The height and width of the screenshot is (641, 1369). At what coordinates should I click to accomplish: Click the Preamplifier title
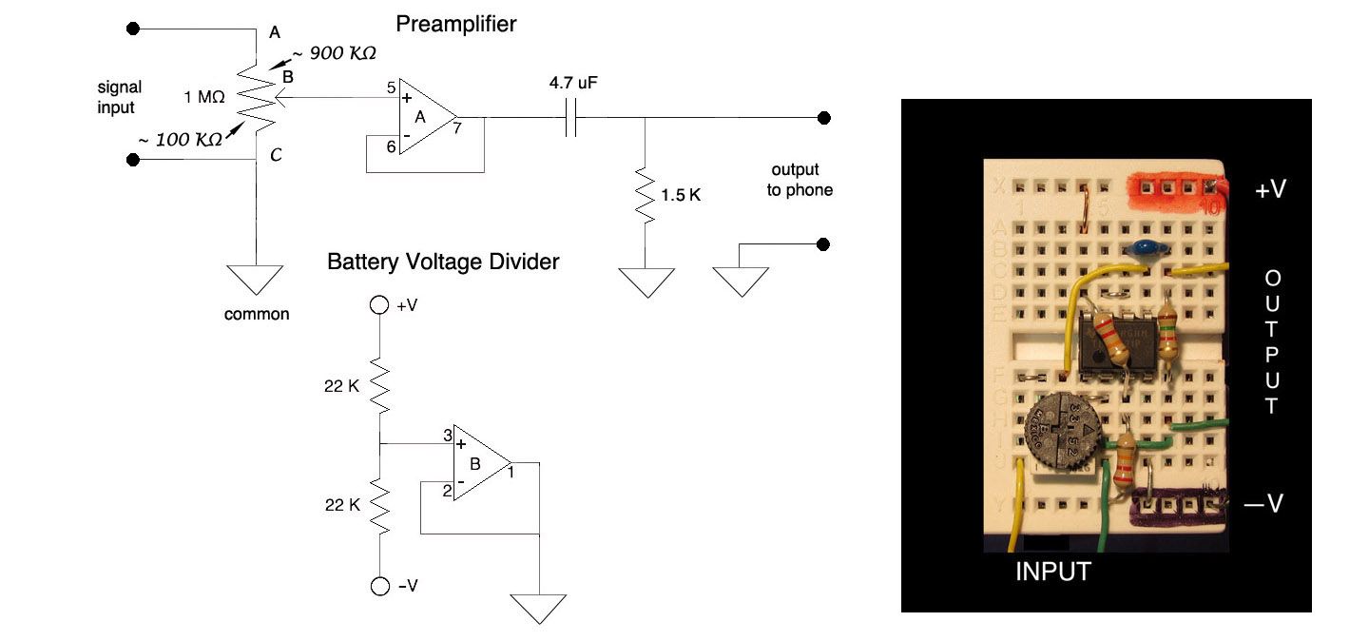click(x=456, y=23)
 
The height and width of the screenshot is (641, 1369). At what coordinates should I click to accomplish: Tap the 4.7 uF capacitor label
click(x=573, y=84)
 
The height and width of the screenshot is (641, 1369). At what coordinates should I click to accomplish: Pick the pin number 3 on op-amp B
click(x=446, y=437)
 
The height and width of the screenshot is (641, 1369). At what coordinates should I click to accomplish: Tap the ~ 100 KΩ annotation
click(x=181, y=139)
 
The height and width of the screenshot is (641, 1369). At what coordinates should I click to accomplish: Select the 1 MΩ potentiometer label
click(x=204, y=97)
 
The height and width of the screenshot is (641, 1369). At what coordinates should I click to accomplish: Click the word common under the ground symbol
click(x=256, y=314)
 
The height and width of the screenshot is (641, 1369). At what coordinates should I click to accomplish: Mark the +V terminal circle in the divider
click(x=379, y=305)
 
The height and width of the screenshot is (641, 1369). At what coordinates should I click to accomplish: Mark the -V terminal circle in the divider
click(x=379, y=586)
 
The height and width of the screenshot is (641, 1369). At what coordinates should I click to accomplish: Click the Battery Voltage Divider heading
click(x=443, y=262)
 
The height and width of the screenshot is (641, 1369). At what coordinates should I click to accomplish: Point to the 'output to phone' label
click(x=801, y=180)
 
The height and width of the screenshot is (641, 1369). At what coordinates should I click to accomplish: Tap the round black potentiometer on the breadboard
click(x=1064, y=434)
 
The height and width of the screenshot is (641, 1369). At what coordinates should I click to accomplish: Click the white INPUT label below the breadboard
click(x=1053, y=572)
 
